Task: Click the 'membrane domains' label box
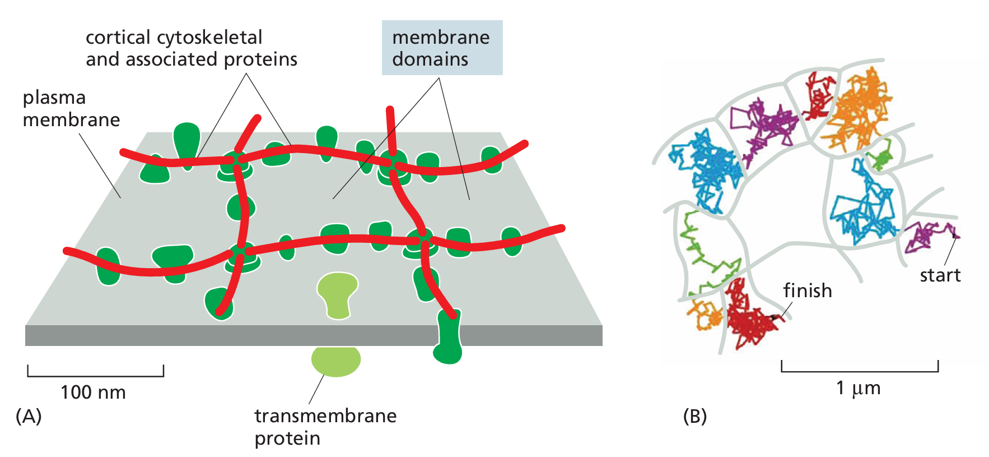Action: point(442,48)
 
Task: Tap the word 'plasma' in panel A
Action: point(54,98)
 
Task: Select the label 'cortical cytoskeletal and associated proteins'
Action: point(191,48)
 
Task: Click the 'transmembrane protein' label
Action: point(325,427)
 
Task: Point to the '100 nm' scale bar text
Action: point(93,392)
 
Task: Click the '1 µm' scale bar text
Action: point(858,388)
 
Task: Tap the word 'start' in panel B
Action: point(940,275)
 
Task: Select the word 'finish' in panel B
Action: point(807,290)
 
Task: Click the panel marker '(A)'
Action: point(29,416)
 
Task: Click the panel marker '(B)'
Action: point(695,416)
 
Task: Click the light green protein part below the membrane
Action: point(336,361)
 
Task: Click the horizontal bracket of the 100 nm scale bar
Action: point(95,375)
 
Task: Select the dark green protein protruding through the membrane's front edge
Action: point(448,337)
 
